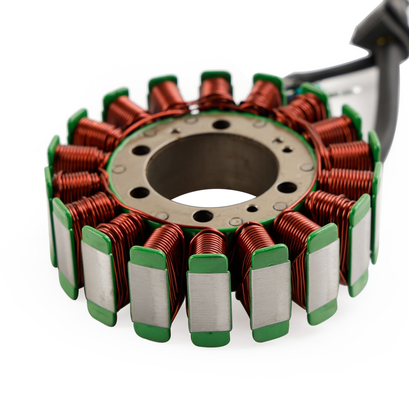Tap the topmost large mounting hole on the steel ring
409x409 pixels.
pos(220,125)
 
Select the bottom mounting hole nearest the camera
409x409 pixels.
pos(203,216)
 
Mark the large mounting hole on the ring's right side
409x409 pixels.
pos(283,187)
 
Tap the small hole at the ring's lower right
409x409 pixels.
pos(252,209)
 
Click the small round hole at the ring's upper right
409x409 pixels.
pos(287,150)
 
